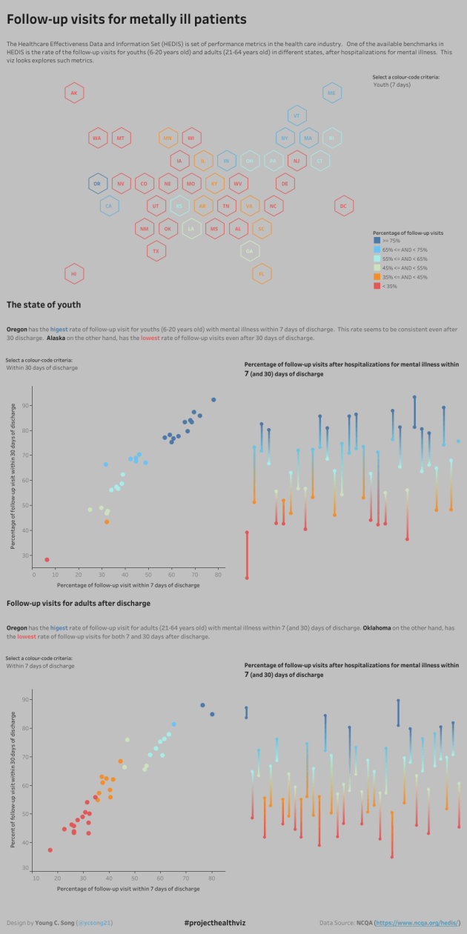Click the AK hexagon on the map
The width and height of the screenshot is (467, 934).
tap(74, 93)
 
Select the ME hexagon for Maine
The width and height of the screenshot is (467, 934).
tap(332, 93)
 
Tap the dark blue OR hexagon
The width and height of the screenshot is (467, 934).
tap(96, 183)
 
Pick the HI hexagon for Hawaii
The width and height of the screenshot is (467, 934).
tap(74, 273)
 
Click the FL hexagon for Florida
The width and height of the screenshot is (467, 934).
tap(262, 273)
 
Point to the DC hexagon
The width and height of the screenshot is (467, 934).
tap(343, 206)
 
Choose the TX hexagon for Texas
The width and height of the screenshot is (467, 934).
tap(156, 251)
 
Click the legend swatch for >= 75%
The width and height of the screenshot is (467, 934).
tap(377, 241)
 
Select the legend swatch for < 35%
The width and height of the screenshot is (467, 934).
tap(377, 285)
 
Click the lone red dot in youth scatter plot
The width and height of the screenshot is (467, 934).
tap(47, 560)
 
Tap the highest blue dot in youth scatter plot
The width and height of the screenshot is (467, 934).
tap(213, 399)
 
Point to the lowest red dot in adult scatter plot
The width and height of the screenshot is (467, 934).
tap(50, 850)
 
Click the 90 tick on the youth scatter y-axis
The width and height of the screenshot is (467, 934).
tap(25, 405)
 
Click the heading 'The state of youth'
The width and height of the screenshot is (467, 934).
tap(44, 305)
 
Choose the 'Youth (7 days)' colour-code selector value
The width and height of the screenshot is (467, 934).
tap(392, 84)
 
